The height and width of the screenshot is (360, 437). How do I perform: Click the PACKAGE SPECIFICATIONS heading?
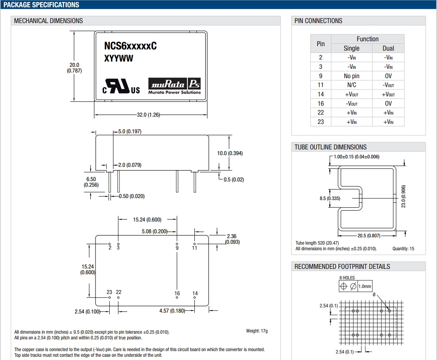click(41, 5)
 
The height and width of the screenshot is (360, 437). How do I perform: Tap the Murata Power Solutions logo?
click(175, 87)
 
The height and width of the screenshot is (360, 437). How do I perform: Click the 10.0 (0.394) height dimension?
click(230, 153)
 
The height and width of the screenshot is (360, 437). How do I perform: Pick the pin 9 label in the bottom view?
click(177, 248)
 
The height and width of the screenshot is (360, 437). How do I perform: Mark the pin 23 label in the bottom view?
click(109, 292)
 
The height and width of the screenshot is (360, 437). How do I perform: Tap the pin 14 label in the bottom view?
click(195, 294)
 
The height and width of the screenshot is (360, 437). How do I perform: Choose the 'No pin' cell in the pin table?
click(352, 76)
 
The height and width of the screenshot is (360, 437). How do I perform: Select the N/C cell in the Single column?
click(352, 85)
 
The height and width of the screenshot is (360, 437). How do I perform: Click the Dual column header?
click(388, 48)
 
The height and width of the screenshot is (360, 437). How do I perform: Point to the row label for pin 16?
click(321, 103)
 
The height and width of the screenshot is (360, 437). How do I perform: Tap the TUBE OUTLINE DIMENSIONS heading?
click(330, 147)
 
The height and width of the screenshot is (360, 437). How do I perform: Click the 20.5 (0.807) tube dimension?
click(369, 236)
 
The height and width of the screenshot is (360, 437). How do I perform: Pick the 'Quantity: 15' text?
click(403, 249)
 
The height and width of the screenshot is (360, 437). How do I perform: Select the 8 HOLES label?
click(347, 278)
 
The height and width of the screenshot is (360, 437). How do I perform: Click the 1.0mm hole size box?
click(365, 286)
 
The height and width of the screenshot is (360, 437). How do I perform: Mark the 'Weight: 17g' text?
click(257, 331)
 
